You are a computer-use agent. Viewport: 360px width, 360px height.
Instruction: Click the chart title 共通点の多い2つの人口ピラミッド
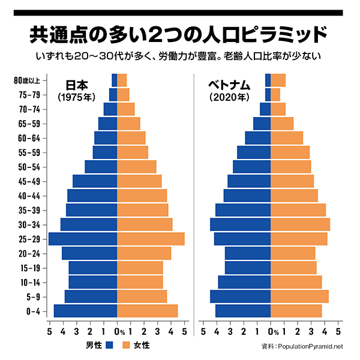[x=179, y=34]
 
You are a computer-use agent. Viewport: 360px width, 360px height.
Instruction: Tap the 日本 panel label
[x=77, y=85]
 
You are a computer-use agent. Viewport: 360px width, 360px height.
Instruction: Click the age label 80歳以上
[x=28, y=80]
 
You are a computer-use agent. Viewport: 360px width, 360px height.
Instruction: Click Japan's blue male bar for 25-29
[x=83, y=239]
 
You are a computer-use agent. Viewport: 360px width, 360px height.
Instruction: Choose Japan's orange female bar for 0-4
[x=147, y=311]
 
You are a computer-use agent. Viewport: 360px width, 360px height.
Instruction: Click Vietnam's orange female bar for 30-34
[x=300, y=224]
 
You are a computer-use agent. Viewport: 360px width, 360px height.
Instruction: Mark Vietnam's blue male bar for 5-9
[x=240, y=296]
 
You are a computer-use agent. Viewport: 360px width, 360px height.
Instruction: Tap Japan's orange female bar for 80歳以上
[x=122, y=80]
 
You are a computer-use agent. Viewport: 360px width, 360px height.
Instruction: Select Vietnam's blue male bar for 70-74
[x=265, y=109]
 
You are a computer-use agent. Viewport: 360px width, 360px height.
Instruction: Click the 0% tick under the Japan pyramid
[x=119, y=331]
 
